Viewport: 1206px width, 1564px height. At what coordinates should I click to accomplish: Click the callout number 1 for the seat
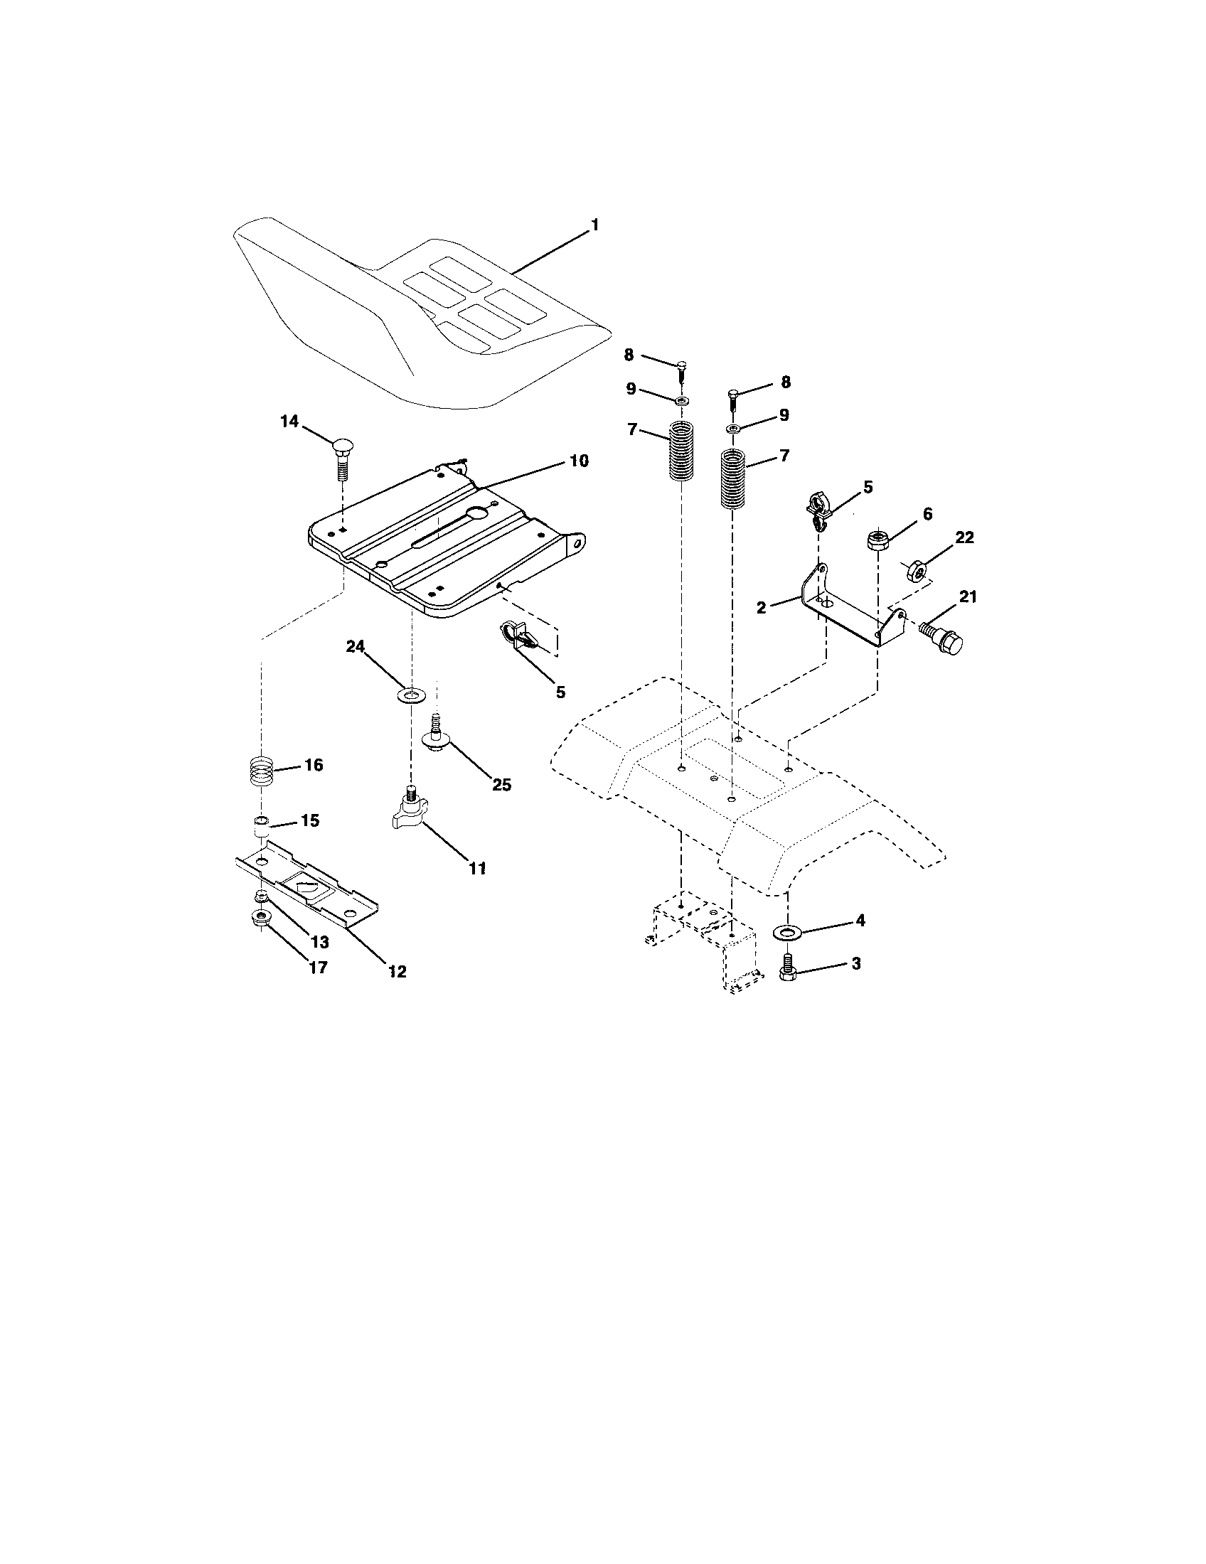click(x=594, y=225)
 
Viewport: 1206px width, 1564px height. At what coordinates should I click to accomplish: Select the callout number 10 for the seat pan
click(x=579, y=461)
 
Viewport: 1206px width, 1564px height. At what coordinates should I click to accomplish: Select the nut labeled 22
click(x=917, y=571)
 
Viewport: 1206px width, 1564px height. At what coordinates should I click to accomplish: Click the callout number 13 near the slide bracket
click(x=320, y=943)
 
